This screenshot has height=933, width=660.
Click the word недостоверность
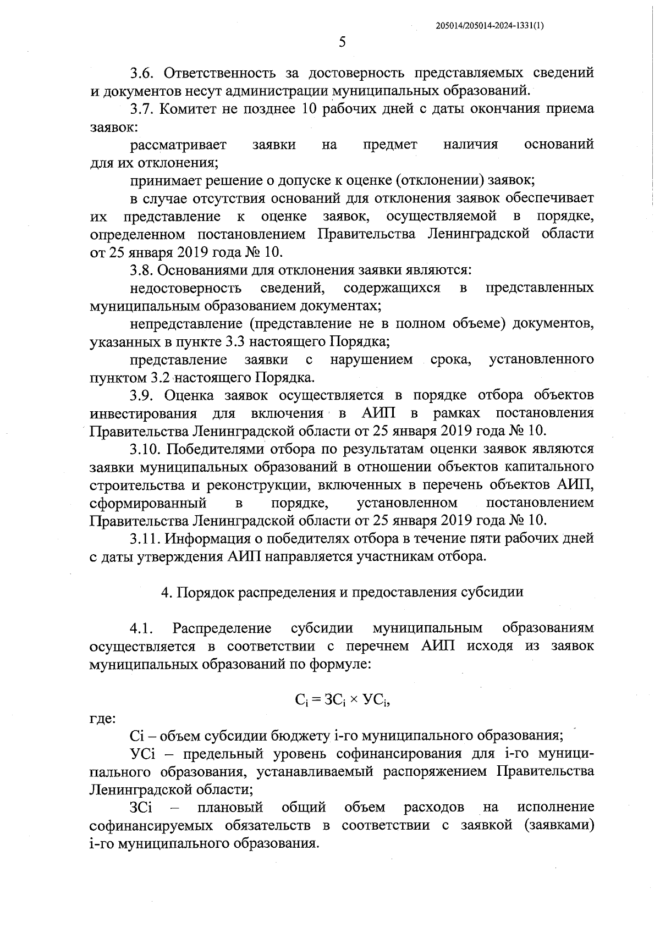[186, 288]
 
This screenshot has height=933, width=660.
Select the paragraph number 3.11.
[147, 538]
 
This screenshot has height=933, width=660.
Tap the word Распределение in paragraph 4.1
[222, 628]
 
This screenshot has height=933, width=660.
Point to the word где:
[102, 718]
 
